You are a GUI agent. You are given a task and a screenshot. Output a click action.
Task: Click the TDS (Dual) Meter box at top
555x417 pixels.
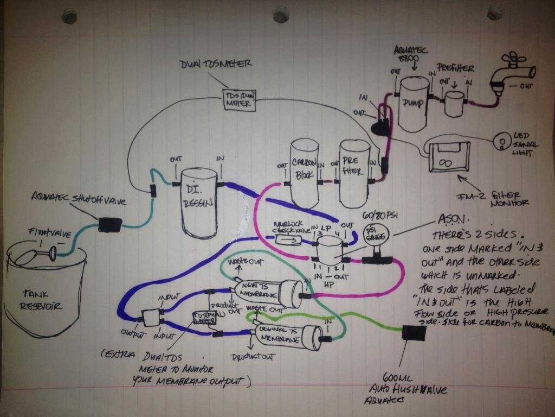[x=240, y=99]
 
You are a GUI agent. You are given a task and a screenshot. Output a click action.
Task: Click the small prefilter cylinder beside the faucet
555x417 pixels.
[x=454, y=102]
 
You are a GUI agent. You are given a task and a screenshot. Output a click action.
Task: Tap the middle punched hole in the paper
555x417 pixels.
[x=281, y=15]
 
